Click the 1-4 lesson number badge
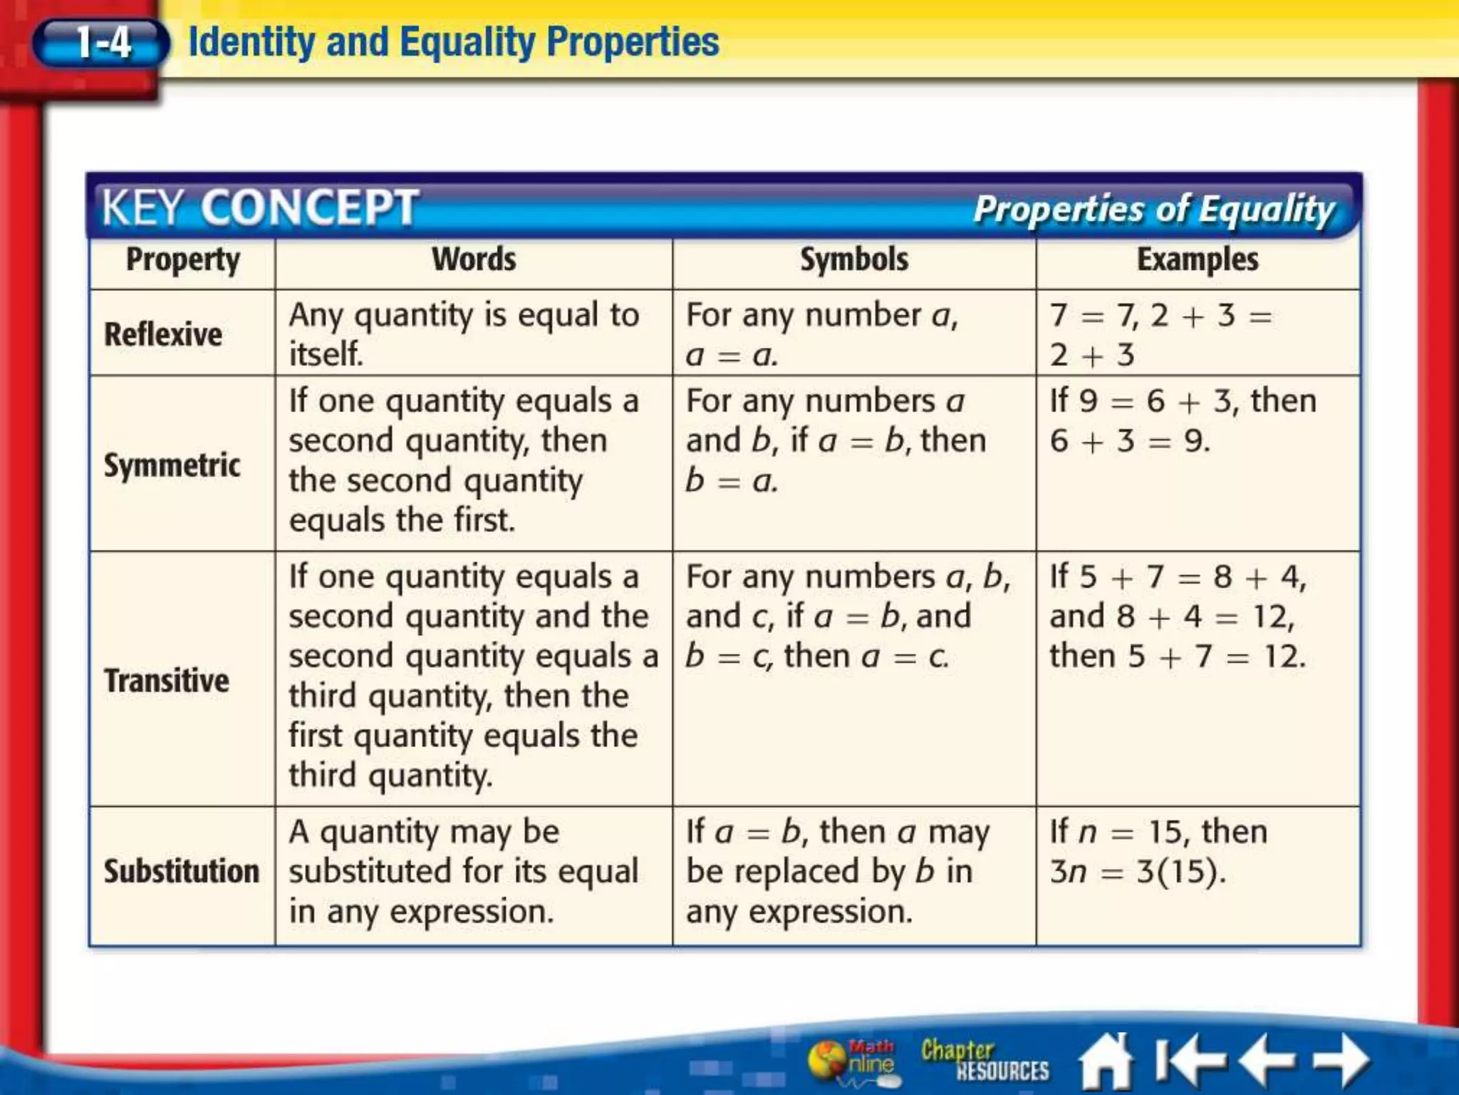point(102,43)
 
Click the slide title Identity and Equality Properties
point(453,41)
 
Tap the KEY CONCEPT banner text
point(259,207)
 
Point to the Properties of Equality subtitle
point(1153,210)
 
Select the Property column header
point(182,260)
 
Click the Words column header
point(474,259)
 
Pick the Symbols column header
point(853,259)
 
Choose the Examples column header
point(1198,259)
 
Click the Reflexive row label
point(163,334)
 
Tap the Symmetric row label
point(172,465)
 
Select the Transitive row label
point(167,680)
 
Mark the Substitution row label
point(182,871)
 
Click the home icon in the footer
point(1106,1061)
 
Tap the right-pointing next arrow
point(1341,1059)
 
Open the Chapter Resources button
point(985,1060)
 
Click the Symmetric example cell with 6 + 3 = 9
point(1183,421)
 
